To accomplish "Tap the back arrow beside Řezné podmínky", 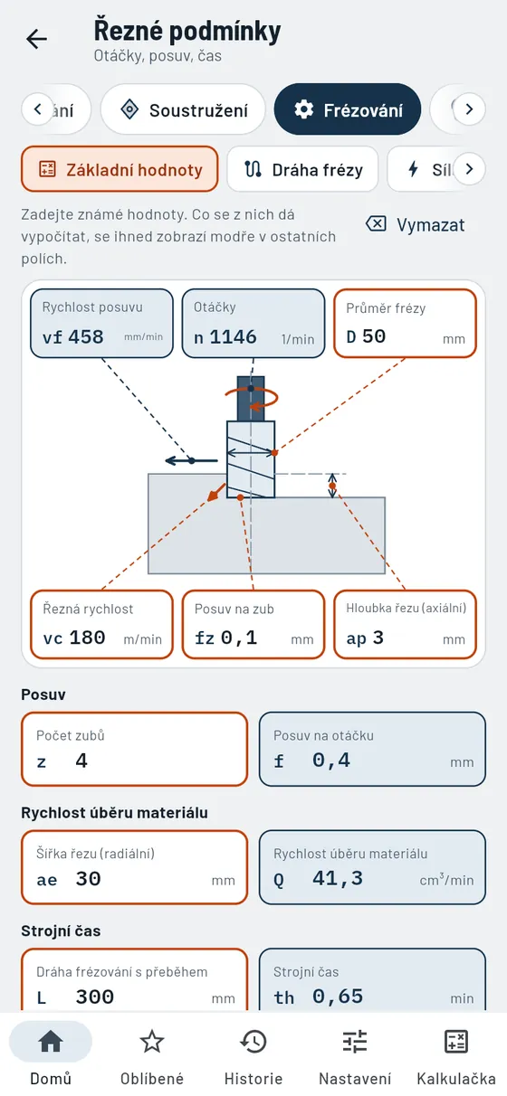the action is (x=37, y=39).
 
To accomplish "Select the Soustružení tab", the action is (x=183, y=109).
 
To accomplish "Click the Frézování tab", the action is (x=348, y=109).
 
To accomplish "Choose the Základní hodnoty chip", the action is (x=120, y=169).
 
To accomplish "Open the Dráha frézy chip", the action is (x=302, y=169).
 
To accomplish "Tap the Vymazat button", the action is (x=416, y=224).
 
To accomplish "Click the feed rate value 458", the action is (x=86, y=336).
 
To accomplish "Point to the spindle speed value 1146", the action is (x=233, y=336).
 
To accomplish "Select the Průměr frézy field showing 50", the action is (x=405, y=324).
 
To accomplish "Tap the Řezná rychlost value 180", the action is (x=87, y=638).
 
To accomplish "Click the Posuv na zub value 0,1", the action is (x=238, y=638).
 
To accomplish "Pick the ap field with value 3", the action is (x=405, y=624).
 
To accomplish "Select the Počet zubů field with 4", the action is (x=134, y=749).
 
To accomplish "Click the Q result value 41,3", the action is (x=338, y=878).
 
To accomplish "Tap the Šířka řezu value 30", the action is (x=88, y=879).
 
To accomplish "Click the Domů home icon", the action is (x=51, y=1041).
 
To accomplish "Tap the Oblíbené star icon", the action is (x=152, y=1041).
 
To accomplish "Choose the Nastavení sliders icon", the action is (x=355, y=1041).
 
